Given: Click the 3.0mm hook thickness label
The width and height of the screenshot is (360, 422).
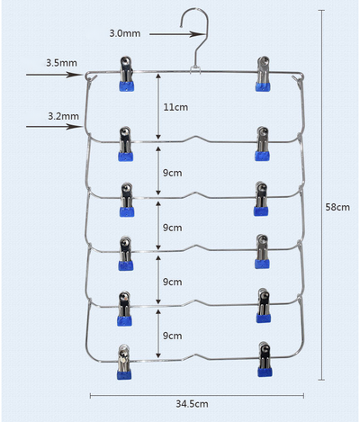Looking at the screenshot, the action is coord(125,33).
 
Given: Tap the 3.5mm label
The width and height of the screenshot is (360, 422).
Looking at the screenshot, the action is coord(61,63).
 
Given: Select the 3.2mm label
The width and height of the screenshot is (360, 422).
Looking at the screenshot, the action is coord(64,116).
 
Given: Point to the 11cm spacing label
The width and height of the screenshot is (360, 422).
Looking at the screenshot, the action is coord(175,107).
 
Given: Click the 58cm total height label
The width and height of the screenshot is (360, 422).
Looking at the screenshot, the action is coord(337,207).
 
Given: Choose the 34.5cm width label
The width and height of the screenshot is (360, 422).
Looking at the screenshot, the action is coord(192,404).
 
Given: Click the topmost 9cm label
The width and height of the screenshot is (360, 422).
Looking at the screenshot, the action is coord(173,173).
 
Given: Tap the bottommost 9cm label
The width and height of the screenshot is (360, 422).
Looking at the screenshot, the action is coord(173,336).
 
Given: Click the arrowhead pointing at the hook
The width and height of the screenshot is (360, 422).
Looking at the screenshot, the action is coord(197,34).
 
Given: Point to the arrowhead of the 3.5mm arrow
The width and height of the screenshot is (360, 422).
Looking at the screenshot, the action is coord(75,75).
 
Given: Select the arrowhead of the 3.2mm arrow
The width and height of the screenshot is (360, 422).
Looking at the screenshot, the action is coord(75,127).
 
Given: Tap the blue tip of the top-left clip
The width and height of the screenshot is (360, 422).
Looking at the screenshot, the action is coord(127,86).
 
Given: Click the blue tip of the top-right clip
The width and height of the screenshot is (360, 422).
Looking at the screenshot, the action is coord(263,87).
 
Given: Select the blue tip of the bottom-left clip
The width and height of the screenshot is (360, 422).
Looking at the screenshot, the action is coord(124,375).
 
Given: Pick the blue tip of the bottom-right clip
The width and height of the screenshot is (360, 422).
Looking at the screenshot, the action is coord(265,373).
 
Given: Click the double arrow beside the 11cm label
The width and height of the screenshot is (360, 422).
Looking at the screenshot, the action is coord(158,106).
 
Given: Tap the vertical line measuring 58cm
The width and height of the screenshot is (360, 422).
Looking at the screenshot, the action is coord(321,195).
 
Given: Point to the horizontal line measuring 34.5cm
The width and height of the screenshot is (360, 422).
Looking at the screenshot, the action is coord(197,396).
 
